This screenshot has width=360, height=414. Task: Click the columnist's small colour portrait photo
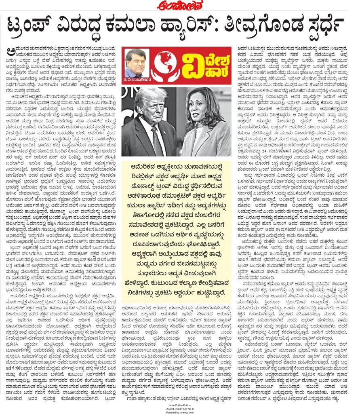click(135, 61)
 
